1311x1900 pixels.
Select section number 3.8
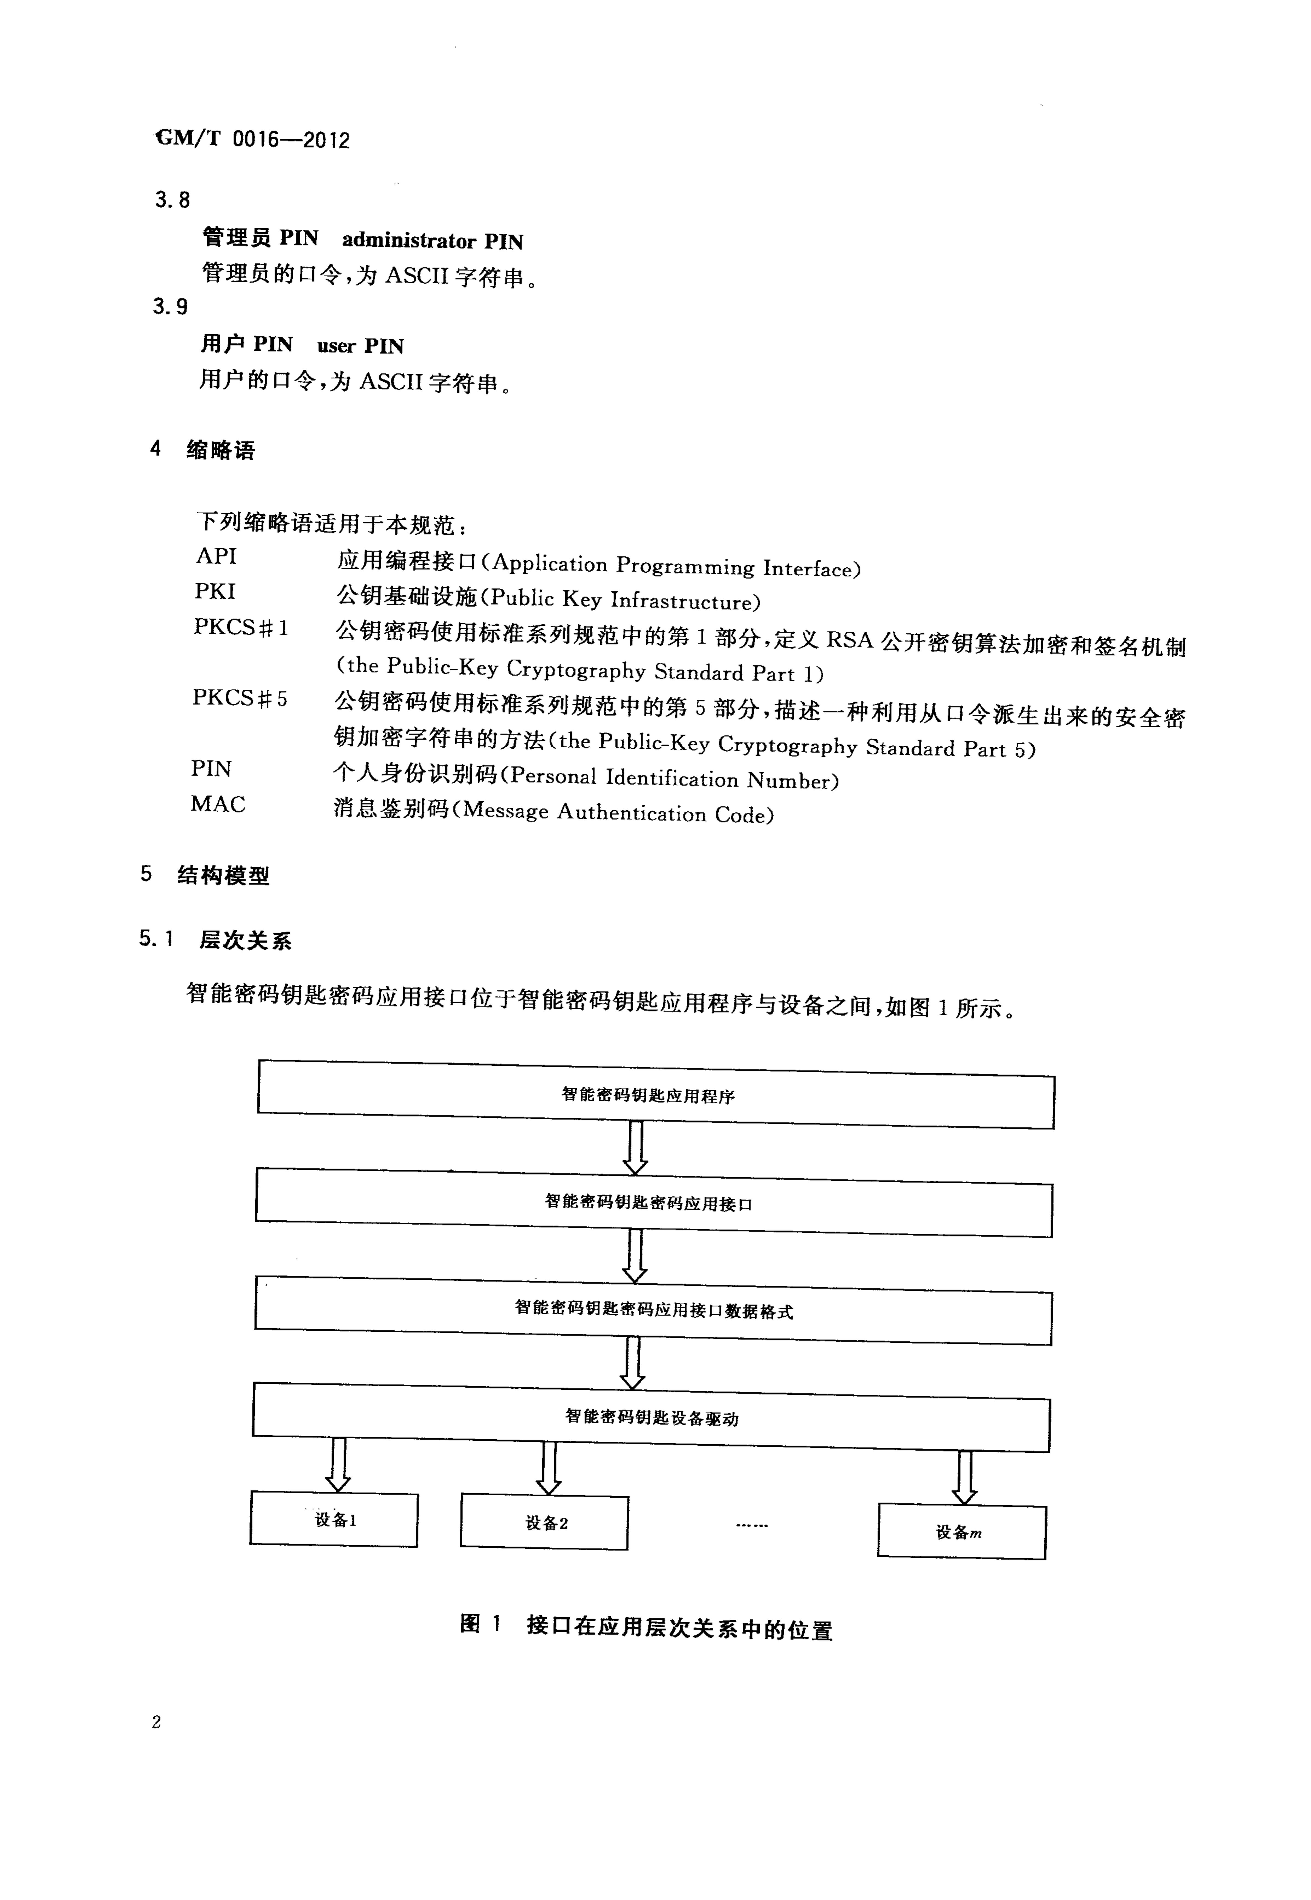(172, 200)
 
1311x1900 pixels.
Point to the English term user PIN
(361, 346)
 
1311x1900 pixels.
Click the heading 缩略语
(221, 450)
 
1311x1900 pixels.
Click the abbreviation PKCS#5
(240, 698)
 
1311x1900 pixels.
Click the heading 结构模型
(223, 876)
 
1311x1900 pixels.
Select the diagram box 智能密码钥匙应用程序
(655, 1094)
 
